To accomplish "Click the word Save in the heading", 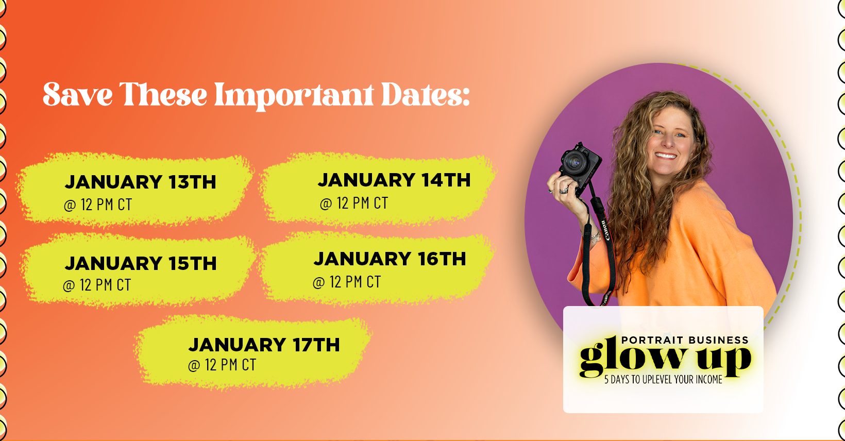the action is pyautogui.click(x=78, y=94).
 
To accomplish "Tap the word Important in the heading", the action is pyautogui.click(x=294, y=96).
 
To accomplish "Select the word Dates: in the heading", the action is pyautogui.click(x=426, y=94).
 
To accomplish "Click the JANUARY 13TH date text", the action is pyautogui.click(x=140, y=182).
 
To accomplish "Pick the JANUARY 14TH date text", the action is pyautogui.click(x=394, y=180).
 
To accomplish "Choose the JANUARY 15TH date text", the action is pyautogui.click(x=141, y=263).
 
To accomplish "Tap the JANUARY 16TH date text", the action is pyautogui.click(x=390, y=259).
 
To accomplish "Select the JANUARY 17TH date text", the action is pyautogui.click(x=264, y=345).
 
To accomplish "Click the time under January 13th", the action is pyautogui.click(x=98, y=205).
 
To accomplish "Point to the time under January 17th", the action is pyautogui.click(x=222, y=365).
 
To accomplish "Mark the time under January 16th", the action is pyautogui.click(x=347, y=282).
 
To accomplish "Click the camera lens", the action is pyautogui.click(x=574, y=162).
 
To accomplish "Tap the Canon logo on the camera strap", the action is pyautogui.click(x=604, y=230).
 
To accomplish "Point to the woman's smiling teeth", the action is pyautogui.click(x=666, y=156).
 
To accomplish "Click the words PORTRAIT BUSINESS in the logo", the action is pyautogui.click(x=685, y=340).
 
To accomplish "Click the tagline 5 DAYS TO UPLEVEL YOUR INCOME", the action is pyautogui.click(x=663, y=380).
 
